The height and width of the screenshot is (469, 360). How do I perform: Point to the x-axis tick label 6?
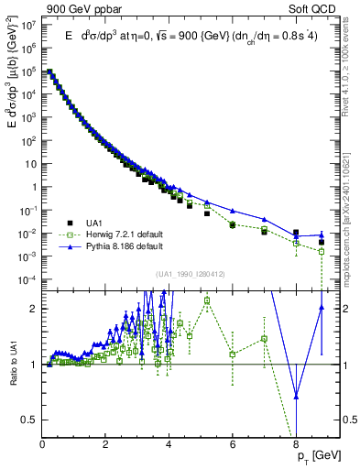point(233,445)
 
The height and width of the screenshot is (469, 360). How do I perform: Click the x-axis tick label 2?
point(106,445)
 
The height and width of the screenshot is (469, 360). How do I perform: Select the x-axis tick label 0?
point(43,445)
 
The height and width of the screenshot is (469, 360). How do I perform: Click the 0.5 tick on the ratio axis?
point(29,420)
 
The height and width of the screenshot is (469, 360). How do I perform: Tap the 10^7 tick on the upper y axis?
point(28,25)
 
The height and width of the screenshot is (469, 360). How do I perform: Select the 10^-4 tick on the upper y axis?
point(28,278)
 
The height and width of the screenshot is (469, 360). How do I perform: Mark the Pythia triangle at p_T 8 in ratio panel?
point(296,396)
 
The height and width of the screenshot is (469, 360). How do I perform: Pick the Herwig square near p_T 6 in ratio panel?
point(233,354)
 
